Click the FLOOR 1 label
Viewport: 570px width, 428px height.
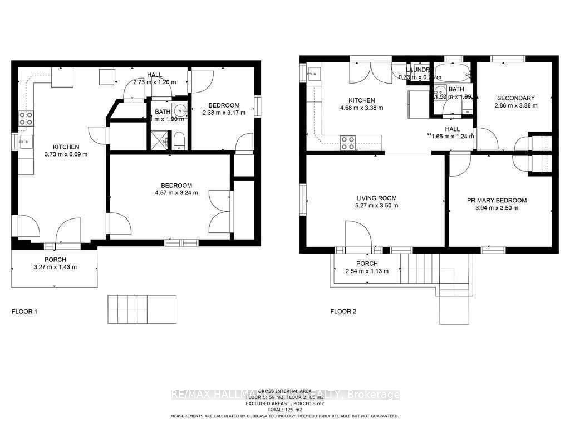coord(24,312)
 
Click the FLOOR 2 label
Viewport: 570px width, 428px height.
coord(343,312)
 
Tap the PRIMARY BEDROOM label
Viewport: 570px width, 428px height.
coord(497,201)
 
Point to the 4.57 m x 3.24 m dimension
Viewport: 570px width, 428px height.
coord(176,194)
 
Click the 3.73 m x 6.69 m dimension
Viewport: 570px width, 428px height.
coord(67,154)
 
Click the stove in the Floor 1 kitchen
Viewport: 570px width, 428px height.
coord(26,118)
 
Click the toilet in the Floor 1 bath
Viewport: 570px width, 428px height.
coord(179,140)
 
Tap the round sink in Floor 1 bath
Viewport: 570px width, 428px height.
coord(179,109)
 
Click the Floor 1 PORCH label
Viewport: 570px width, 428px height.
coord(55,260)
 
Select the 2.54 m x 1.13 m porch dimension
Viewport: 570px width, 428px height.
coord(366,271)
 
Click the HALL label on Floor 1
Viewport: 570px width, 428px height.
coord(154,75)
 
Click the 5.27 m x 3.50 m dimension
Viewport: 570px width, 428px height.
coord(376,205)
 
